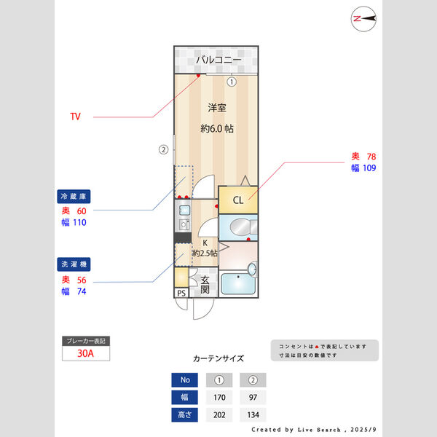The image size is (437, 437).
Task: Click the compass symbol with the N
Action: (363, 19)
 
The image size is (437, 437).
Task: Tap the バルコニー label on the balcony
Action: (219, 60)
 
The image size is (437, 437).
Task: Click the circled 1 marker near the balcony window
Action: (232, 82)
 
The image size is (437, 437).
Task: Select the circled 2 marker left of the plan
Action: (164, 149)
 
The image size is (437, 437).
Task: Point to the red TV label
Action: (75, 117)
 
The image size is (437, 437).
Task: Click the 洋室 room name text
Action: (217, 108)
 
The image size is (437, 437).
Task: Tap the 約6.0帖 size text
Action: (217, 128)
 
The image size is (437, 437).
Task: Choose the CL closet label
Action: (238, 200)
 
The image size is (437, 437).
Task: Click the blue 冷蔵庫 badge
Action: (74, 197)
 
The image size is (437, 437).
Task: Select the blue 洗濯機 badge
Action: (74, 264)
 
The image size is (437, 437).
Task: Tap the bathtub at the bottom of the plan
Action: (237, 283)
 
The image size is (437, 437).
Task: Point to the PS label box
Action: (181, 293)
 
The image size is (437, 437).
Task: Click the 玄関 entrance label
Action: (205, 285)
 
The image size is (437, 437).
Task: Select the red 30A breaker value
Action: (85, 353)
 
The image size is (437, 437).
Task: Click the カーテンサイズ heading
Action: (219, 358)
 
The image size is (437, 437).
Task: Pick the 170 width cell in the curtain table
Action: (219, 398)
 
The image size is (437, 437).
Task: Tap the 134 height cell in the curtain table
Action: (253, 415)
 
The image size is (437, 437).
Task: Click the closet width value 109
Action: (369, 168)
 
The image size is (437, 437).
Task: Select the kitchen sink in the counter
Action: (184, 210)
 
